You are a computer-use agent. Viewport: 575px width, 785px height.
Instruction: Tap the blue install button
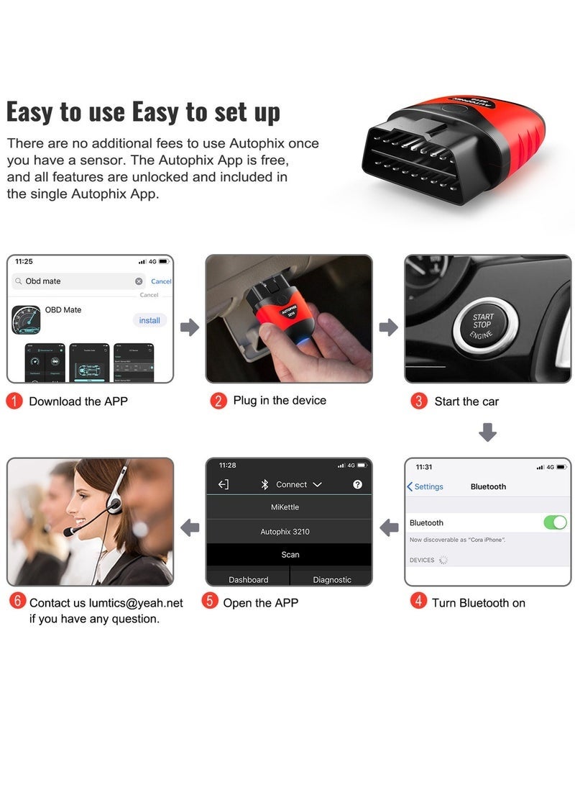point(149,320)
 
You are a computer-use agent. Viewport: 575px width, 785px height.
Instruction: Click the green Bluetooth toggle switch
point(555,522)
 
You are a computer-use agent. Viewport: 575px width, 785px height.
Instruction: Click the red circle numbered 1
point(14,401)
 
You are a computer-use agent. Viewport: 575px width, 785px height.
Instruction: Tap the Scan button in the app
point(290,555)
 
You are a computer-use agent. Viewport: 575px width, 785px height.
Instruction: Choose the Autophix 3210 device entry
point(289,532)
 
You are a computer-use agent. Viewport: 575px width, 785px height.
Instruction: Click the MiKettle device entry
point(289,507)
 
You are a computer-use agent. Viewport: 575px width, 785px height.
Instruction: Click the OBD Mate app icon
point(26,320)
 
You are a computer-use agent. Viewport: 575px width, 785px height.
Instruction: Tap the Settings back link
point(425,486)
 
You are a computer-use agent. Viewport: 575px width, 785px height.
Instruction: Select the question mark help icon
point(357,485)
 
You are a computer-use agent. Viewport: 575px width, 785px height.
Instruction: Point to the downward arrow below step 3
point(487,432)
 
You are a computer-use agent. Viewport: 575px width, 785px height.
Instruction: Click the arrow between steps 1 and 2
point(190,328)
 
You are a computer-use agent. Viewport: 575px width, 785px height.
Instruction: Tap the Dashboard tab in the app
point(248,579)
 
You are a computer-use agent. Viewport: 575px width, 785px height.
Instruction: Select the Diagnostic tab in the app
point(332,579)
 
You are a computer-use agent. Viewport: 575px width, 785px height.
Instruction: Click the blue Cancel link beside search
point(161,281)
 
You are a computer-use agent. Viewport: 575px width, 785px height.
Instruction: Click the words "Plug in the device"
point(280,401)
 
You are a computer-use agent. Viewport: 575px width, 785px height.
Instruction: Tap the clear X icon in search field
point(139,281)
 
